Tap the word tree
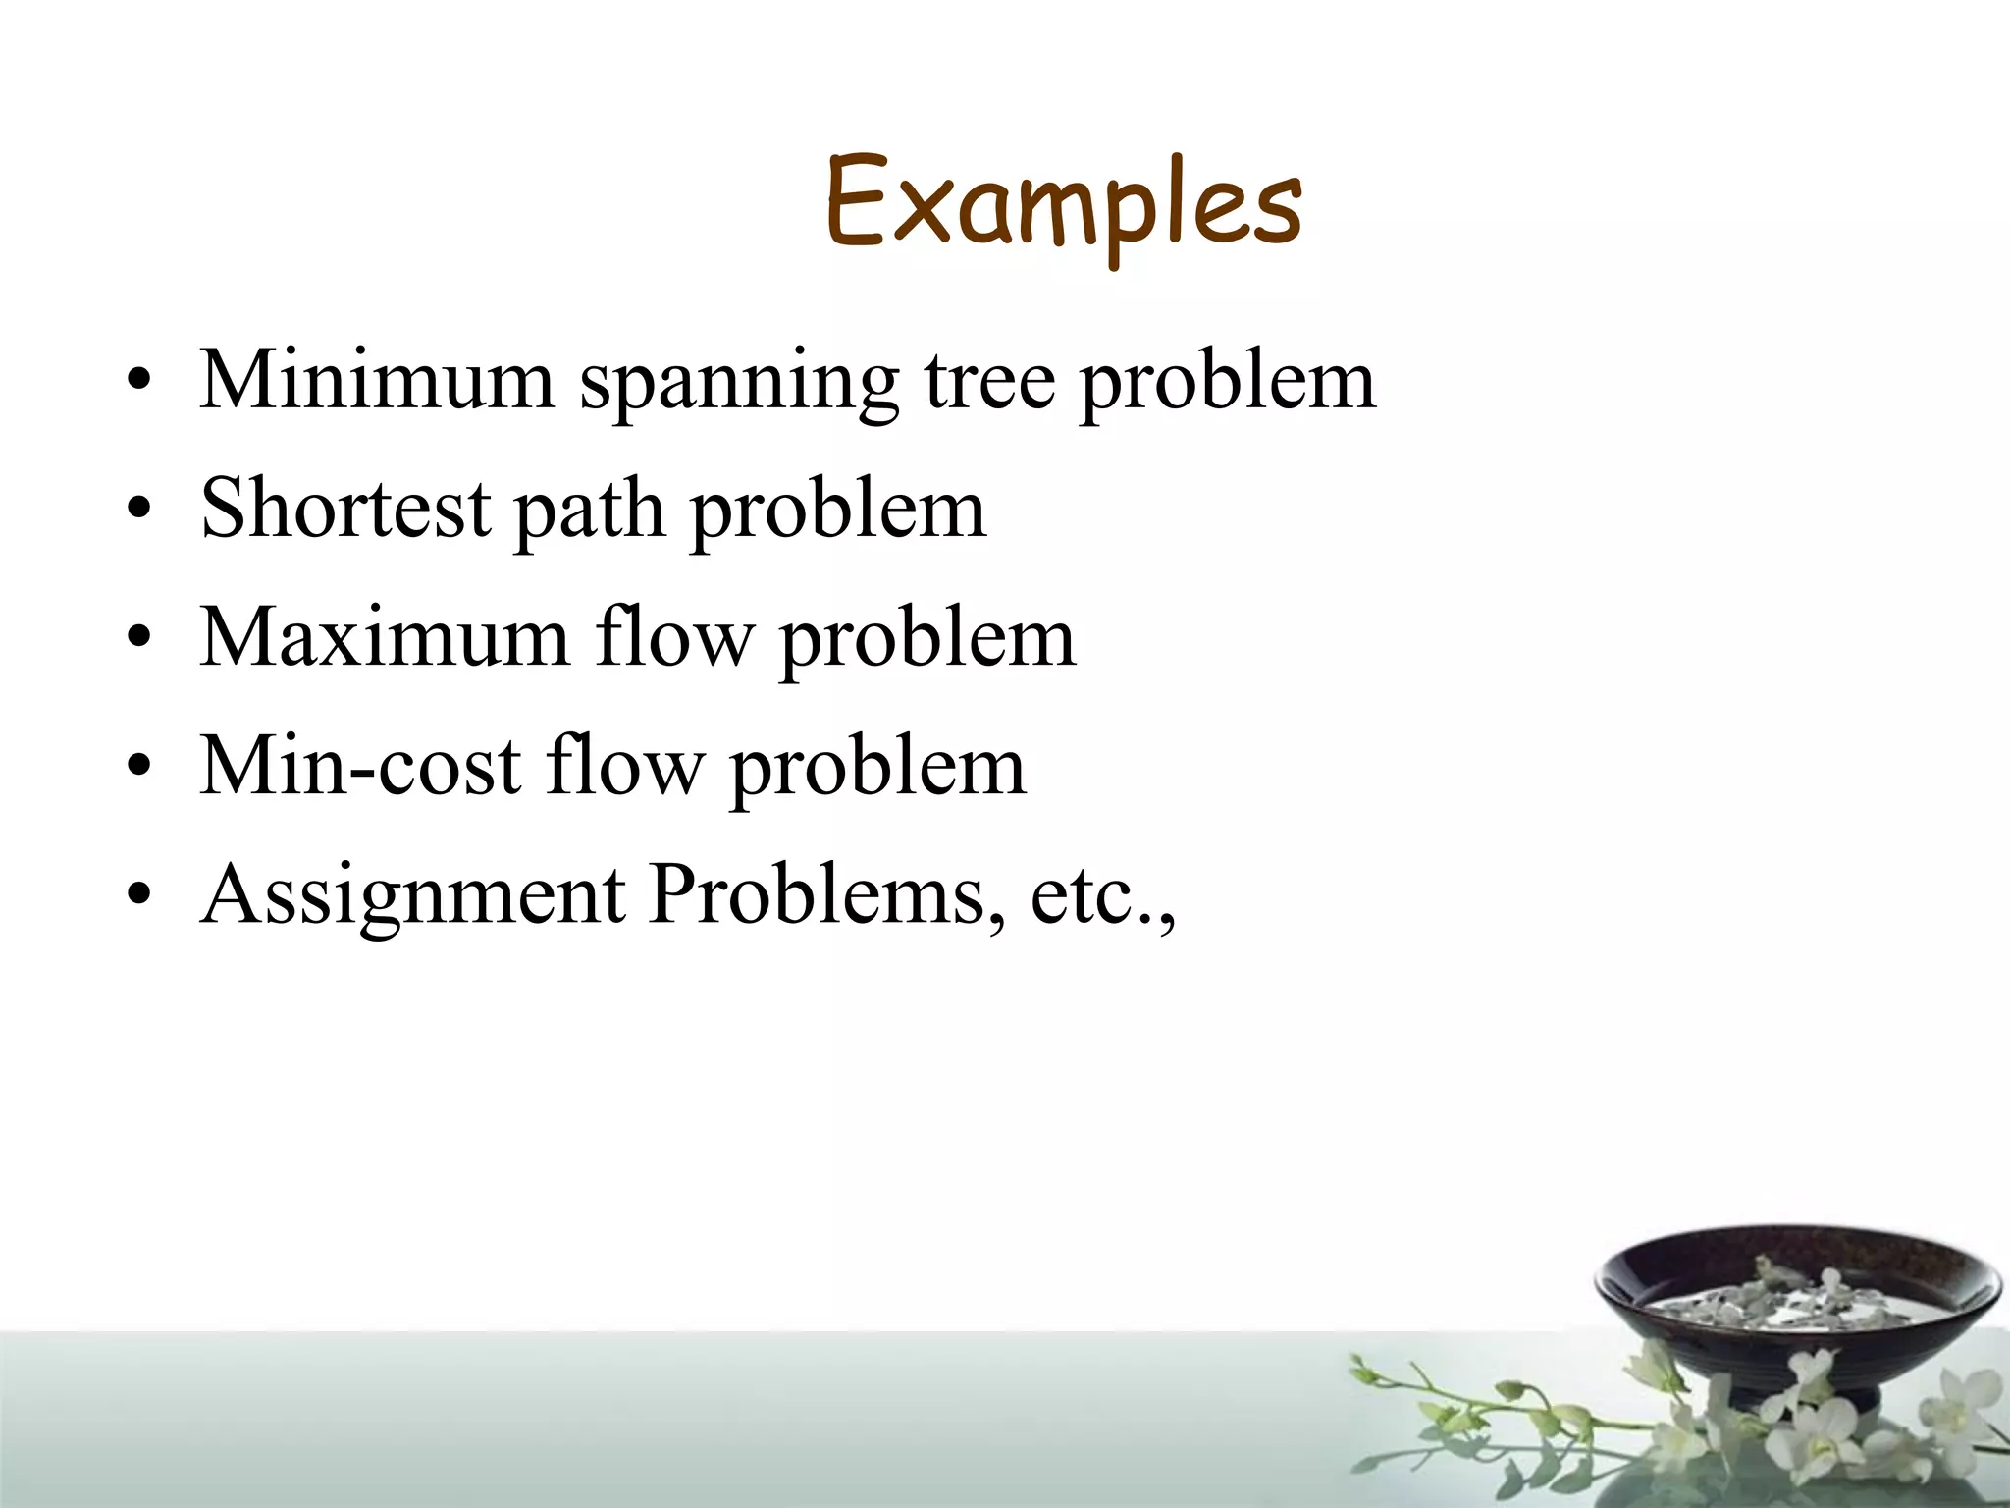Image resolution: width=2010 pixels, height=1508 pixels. [x=988, y=381]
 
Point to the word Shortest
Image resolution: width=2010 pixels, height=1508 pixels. [x=345, y=509]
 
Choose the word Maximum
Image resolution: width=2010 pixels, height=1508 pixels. [x=385, y=638]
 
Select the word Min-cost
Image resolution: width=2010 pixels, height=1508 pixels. [x=360, y=766]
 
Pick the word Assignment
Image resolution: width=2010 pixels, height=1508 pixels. [x=412, y=895]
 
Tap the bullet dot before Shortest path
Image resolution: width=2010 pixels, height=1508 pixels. [x=140, y=510]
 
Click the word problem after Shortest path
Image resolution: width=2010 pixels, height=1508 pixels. [x=838, y=512]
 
